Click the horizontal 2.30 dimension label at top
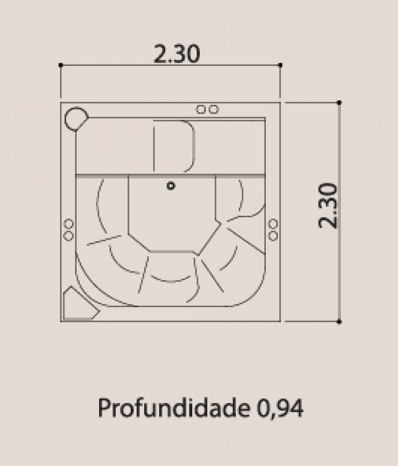(177, 54)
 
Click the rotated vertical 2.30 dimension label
(328, 206)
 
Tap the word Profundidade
(174, 408)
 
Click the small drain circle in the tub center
(171, 186)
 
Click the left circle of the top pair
(201, 110)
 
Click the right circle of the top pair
(213, 110)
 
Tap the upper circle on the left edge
(69, 224)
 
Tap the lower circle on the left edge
(69, 236)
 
